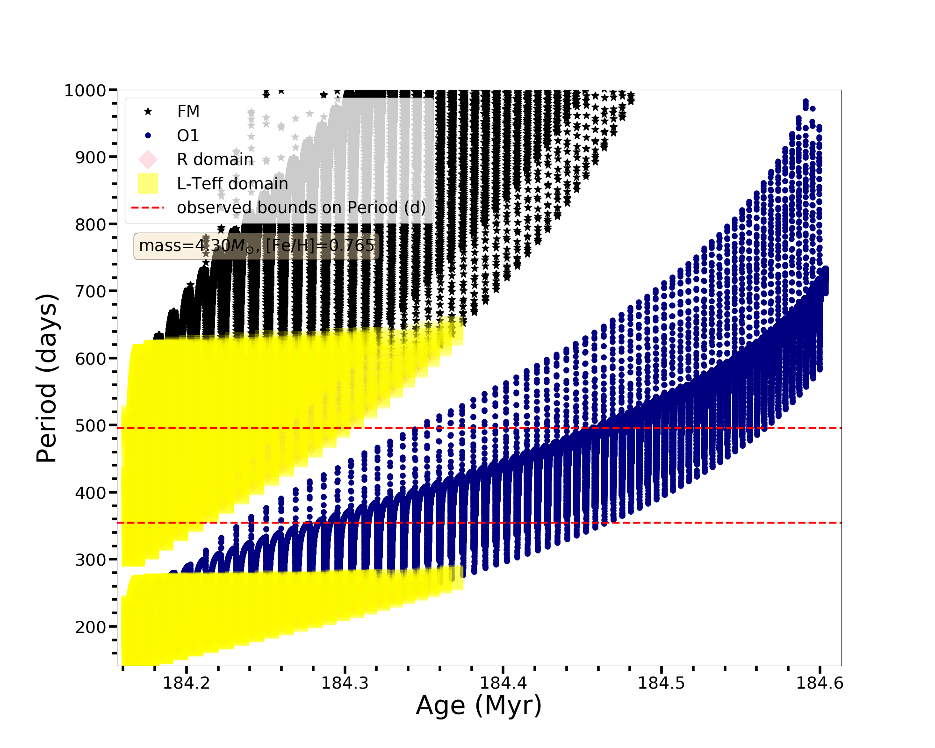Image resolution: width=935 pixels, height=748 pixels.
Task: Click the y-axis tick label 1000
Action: coord(85,90)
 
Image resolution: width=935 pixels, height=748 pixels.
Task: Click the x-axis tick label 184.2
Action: coord(186,683)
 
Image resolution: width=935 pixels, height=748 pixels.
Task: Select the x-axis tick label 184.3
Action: coord(345,683)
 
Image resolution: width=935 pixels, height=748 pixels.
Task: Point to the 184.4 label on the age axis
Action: coord(503,683)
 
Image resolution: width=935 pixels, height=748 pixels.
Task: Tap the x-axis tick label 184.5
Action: coord(662,683)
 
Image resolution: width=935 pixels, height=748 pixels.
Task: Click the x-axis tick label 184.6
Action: coord(820,683)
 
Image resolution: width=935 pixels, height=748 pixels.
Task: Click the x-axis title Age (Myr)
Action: coord(479,705)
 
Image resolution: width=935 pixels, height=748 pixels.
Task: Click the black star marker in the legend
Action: coord(148,111)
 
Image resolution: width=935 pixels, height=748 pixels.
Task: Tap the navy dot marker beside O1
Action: coord(148,136)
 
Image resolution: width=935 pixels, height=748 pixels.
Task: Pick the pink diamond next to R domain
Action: coord(148,159)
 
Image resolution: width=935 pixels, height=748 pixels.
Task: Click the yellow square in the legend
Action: coord(148,183)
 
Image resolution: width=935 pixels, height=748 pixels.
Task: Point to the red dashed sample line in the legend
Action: coord(148,208)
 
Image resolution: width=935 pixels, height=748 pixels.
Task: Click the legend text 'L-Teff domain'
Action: coord(232,184)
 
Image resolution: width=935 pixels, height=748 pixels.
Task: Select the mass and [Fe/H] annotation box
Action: coord(257,246)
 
